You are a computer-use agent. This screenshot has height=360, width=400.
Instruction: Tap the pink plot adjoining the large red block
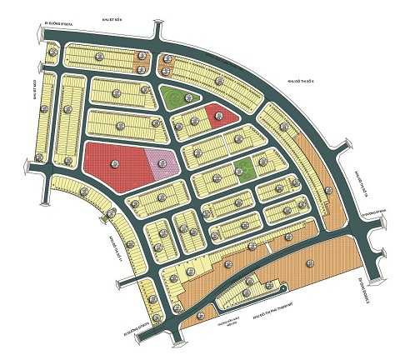click(165, 162)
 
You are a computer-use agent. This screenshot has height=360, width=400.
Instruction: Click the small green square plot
click(244, 170)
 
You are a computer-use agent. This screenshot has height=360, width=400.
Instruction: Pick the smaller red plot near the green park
click(220, 116)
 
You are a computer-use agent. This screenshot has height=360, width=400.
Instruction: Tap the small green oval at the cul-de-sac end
click(283, 289)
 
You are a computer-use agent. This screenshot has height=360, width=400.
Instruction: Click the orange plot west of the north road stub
click(138, 60)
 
